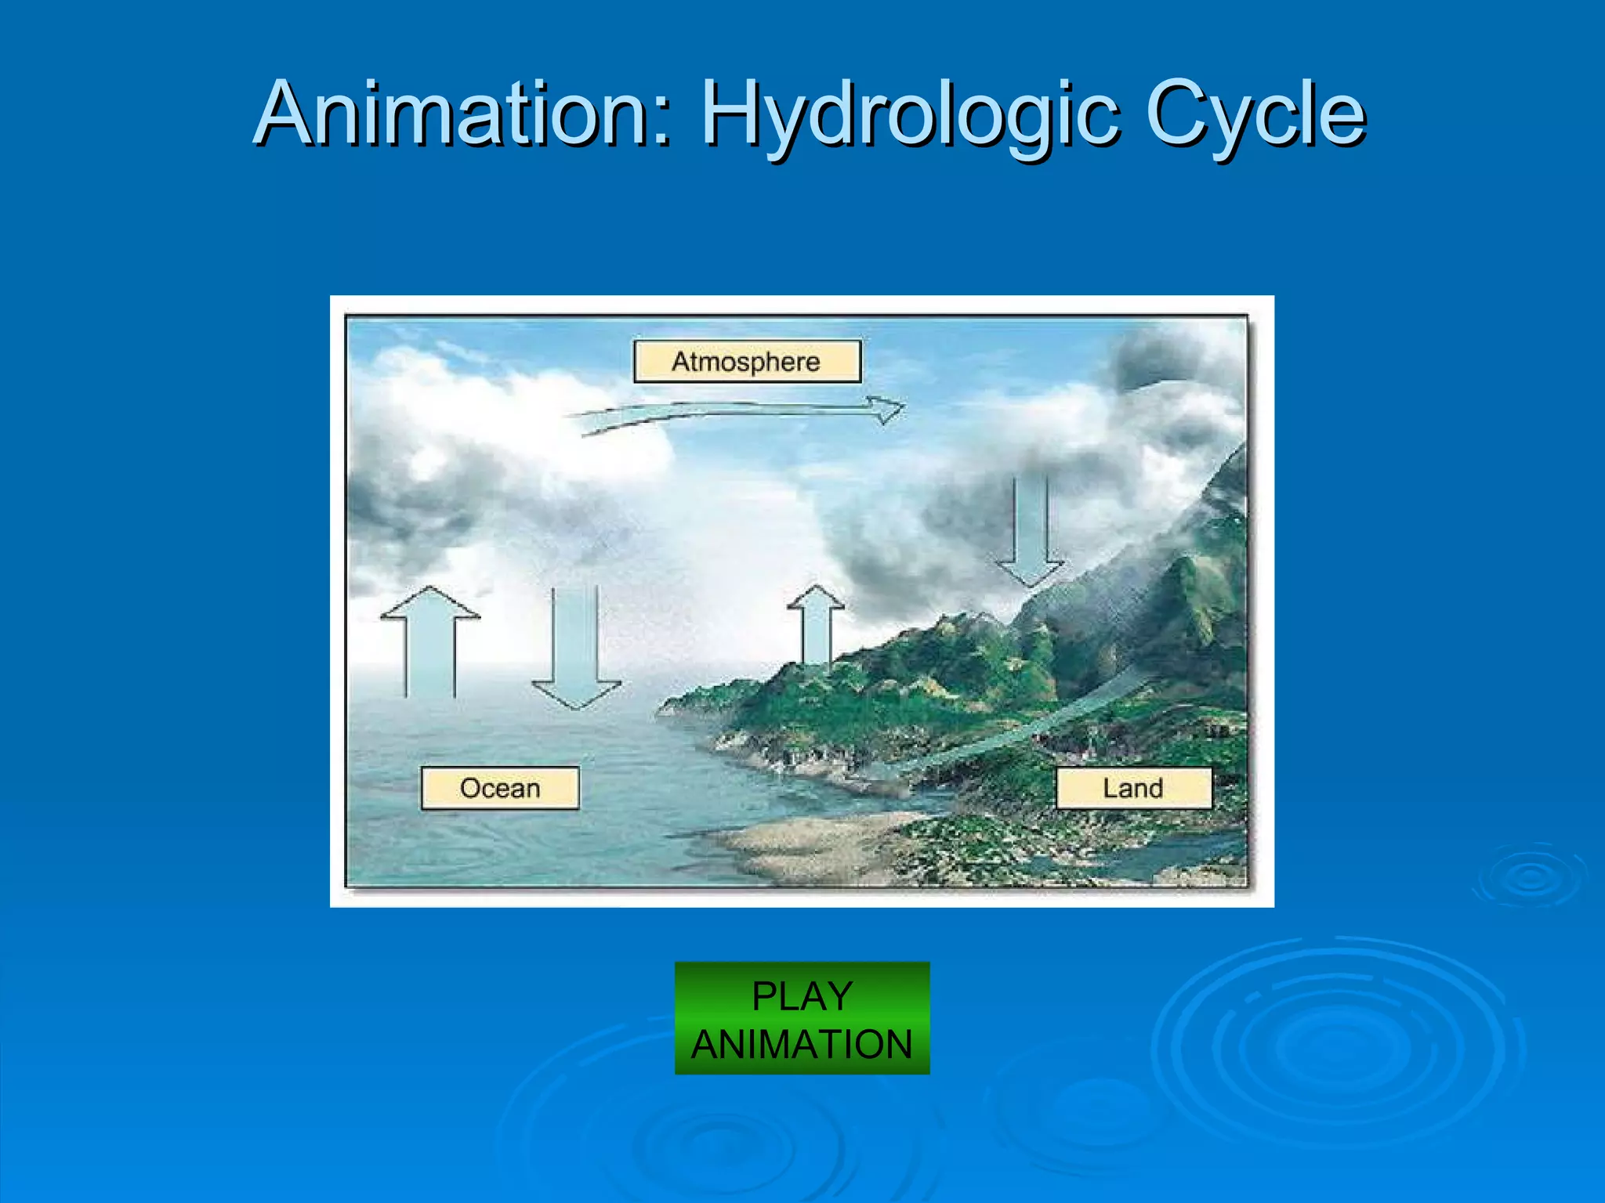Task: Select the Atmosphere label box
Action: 747,361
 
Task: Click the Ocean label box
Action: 500,788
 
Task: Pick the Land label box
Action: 1133,788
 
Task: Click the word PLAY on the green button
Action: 802,996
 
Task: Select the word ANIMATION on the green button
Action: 802,1044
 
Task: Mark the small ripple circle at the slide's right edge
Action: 1532,877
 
